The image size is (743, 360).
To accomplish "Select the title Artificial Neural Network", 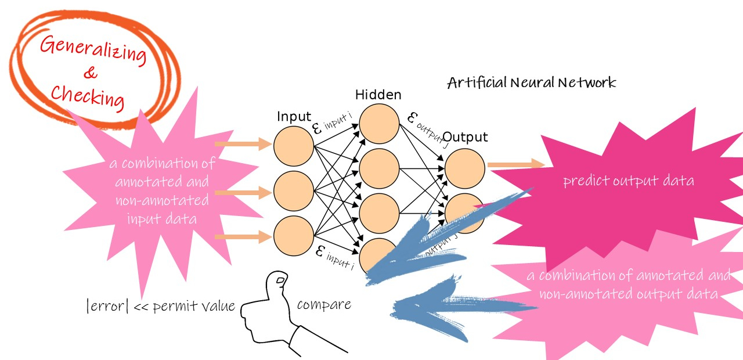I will (x=531, y=82).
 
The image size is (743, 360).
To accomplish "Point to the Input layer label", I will (x=294, y=116).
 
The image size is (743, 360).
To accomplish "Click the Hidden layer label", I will (x=378, y=95).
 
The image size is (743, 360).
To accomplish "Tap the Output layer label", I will (x=465, y=137).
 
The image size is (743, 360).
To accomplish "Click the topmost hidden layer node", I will (x=379, y=123).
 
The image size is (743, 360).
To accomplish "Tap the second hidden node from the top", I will (x=379, y=168).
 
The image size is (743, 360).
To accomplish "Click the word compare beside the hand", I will (x=324, y=304).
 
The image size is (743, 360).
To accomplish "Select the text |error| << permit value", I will (x=160, y=305).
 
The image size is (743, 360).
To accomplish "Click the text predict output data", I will (x=628, y=181).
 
